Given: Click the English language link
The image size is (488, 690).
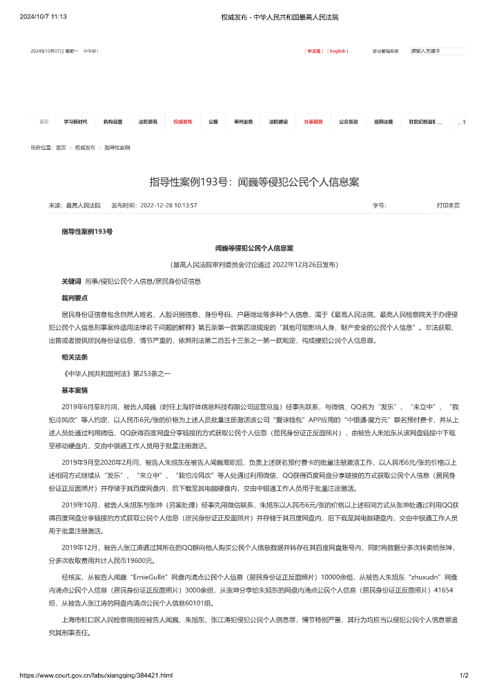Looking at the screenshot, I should pyautogui.click(x=338, y=51).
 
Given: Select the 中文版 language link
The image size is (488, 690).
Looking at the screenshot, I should pyautogui.click(x=314, y=51).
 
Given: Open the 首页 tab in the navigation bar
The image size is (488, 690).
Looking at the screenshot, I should pyautogui.click(x=44, y=122).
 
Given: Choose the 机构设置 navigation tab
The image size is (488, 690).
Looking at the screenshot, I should pyautogui.click(x=113, y=122).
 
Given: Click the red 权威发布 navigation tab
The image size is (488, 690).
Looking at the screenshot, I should pyautogui.click(x=183, y=122).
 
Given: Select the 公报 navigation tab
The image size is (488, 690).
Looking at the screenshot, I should pyautogui.click(x=213, y=122).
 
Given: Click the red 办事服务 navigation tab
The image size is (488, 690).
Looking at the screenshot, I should pyautogui.click(x=313, y=122).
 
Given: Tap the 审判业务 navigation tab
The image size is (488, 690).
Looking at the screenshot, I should pyautogui.click(x=244, y=122).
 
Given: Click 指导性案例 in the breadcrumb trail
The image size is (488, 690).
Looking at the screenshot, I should pyautogui.click(x=117, y=148).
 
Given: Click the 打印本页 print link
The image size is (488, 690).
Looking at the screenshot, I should pyautogui.click(x=448, y=206).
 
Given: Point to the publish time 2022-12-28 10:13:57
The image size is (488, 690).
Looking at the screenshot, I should pyautogui.click(x=168, y=206).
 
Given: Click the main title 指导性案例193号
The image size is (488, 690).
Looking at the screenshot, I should pyautogui.click(x=254, y=182).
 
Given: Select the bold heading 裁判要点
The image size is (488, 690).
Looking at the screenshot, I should pyautogui.click(x=75, y=297).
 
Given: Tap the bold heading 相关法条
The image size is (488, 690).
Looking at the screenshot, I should pyautogui.click(x=75, y=357).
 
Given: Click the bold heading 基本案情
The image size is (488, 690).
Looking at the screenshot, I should pyautogui.click(x=75, y=390).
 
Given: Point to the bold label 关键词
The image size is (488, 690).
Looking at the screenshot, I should pyautogui.click(x=71, y=282).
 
